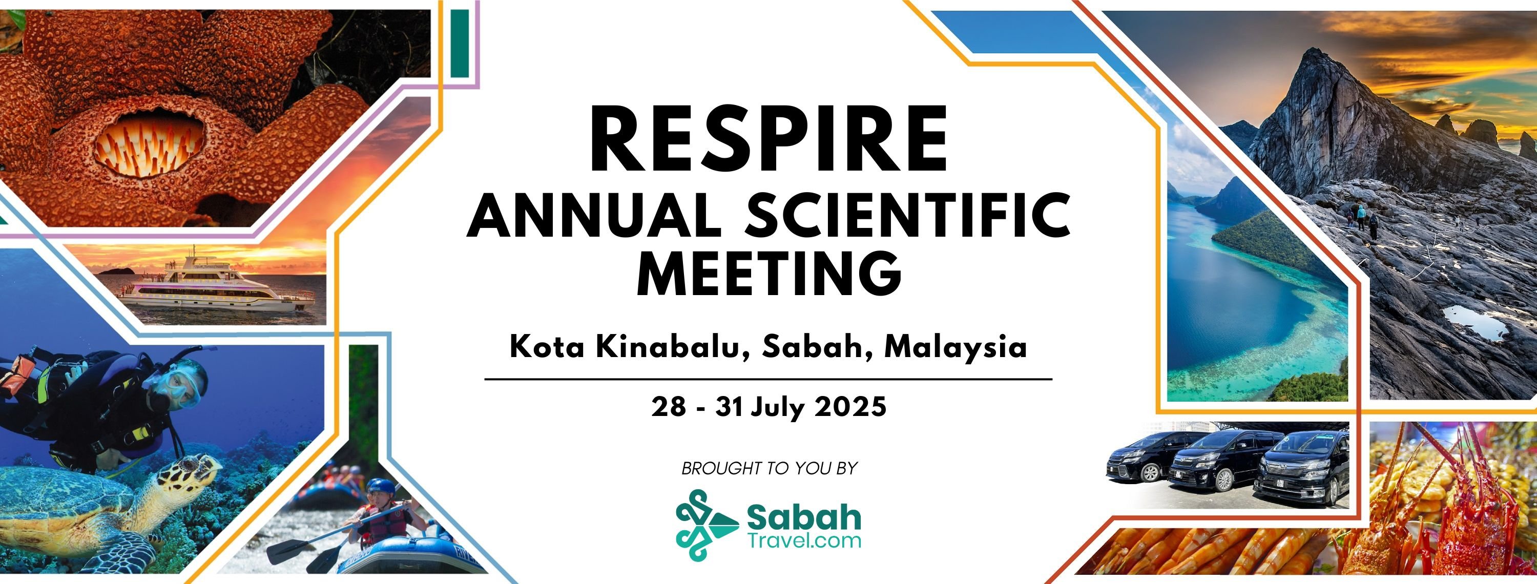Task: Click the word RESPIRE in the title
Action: coord(768,138)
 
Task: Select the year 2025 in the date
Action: coord(850,407)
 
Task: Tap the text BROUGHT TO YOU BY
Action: coord(769,468)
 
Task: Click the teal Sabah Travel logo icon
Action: coord(707,525)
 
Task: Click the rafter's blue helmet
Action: coord(381,487)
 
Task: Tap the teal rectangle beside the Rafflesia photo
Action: coord(459,43)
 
